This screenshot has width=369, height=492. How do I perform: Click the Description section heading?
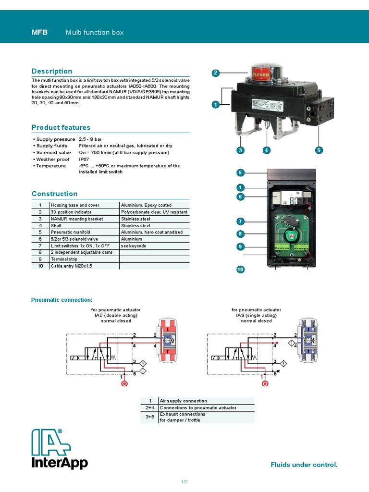click(x=52, y=71)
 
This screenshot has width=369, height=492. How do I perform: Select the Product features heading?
click(x=61, y=127)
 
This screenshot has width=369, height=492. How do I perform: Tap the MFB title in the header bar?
click(x=39, y=32)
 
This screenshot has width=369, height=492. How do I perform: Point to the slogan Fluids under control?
click(x=304, y=465)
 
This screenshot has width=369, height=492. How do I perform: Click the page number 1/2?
click(x=184, y=481)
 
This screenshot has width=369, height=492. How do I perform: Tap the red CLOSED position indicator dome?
click(x=261, y=74)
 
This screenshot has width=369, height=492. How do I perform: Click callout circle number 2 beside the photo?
click(x=216, y=73)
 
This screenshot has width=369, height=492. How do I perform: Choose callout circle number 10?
click(x=241, y=270)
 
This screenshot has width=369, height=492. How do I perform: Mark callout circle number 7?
click(x=241, y=221)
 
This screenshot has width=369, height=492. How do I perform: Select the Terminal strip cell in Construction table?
click(x=84, y=259)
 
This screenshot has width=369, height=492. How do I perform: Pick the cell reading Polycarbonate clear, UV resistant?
click(x=154, y=212)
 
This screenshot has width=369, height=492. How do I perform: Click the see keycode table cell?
click(x=154, y=246)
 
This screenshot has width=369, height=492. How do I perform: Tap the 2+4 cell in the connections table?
click(x=149, y=407)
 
